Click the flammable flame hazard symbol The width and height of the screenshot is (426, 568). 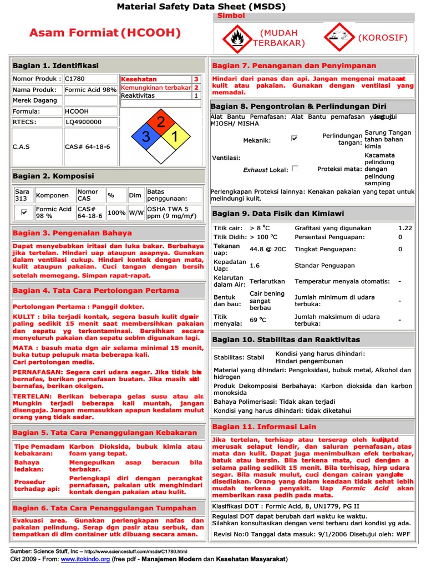tap(237, 38)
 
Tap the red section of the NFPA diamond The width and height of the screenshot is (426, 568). tap(160, 123)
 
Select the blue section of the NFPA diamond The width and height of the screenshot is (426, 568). tap(146, 137)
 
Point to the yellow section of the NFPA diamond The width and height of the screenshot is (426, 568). tap(174, 137)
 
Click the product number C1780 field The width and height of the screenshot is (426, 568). tap(90, 79)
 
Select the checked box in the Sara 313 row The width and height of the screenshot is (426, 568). tap(24, 212)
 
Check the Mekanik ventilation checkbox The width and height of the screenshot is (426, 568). tap(295, 139)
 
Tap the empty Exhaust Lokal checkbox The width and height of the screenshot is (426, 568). tap(295, 169)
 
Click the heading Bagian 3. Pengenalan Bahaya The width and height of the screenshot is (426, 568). tap(72, 233)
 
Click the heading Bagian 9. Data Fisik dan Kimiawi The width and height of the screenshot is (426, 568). tap(278, 214)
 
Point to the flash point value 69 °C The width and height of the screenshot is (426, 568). tap(258, 320)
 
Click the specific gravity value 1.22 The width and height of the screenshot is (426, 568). tap(405, 228)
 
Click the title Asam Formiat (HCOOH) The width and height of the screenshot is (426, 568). tap(105, 33)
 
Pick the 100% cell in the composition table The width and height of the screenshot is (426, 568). tap(116, 212)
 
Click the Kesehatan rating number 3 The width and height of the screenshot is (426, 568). tap(195, 79)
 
